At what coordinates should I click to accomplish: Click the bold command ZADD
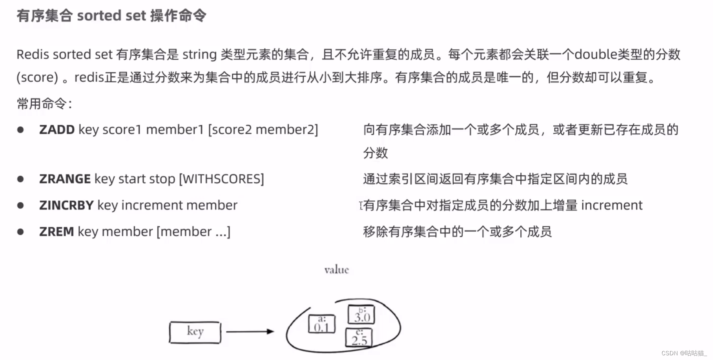coord(57,129)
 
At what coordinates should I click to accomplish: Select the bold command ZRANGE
coord(65,179)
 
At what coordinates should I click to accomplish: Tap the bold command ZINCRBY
coord(66,205)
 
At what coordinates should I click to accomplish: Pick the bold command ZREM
coord(57,231)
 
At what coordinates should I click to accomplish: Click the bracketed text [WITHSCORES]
coord(221,179)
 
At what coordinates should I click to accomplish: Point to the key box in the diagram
coord(195,332)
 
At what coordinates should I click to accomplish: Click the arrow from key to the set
coord(250,331)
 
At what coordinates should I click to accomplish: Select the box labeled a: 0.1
coord(321,324)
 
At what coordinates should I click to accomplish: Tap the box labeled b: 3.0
coord(361,315)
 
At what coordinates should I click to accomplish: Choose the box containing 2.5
coord(359,338)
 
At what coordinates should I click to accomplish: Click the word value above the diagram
coord(336,270)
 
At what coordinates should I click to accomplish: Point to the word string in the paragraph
coord(199,54)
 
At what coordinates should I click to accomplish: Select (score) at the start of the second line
coord(37,77)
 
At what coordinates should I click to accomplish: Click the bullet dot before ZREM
coord(20,232)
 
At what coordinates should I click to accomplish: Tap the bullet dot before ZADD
coord(20,130)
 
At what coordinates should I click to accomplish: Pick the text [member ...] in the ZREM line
coord(193,231)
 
